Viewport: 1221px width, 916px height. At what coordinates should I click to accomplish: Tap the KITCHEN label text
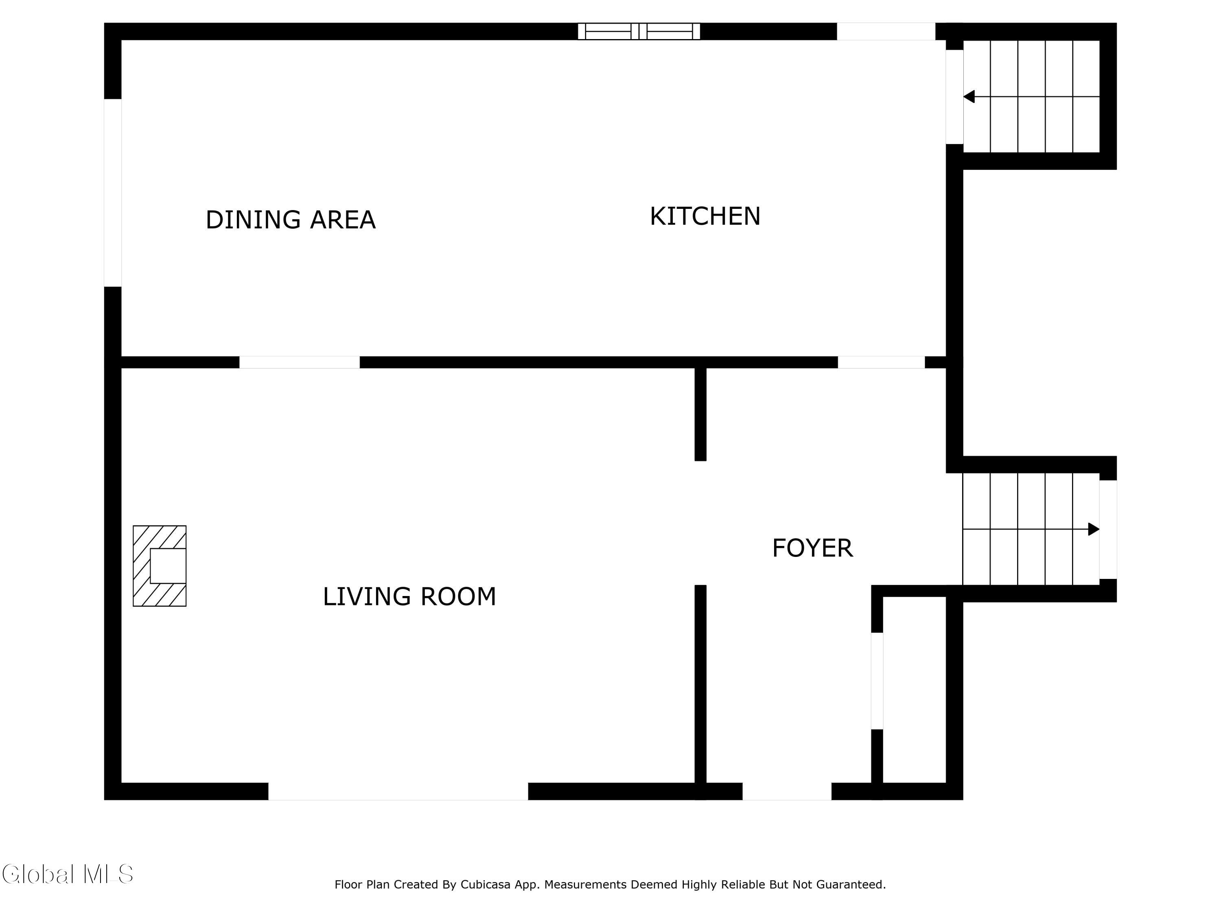705,216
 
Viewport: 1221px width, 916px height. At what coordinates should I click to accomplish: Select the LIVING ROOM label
409,596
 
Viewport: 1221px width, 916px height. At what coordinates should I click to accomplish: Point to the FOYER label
812,548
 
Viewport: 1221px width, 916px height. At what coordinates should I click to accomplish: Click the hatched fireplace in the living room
160,566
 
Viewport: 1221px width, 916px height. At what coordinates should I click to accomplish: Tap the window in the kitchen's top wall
639,31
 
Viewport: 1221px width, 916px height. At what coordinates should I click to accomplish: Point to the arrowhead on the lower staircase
1094,529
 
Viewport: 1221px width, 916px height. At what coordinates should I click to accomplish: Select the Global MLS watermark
67,874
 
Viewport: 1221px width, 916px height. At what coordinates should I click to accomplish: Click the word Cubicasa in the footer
485,885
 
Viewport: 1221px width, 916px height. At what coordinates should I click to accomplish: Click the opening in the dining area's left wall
113,193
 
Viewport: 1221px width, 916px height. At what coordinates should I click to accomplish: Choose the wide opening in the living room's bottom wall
398,791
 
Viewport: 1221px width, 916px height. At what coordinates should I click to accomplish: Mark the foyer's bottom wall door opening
787,791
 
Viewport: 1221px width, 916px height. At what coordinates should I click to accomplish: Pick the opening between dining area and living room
299,362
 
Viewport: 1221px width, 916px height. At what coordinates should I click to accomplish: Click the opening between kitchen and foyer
881,362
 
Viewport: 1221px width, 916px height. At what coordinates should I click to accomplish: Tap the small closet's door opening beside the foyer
877,681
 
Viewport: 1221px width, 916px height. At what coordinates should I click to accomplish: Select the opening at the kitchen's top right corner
886,31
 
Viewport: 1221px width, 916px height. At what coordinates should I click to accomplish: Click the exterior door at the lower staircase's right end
1108,530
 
